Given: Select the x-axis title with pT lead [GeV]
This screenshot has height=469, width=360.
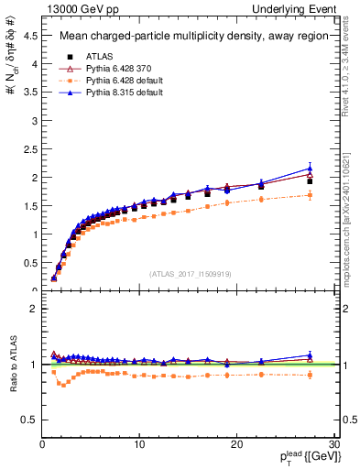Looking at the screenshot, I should click(x=300, y=458).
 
